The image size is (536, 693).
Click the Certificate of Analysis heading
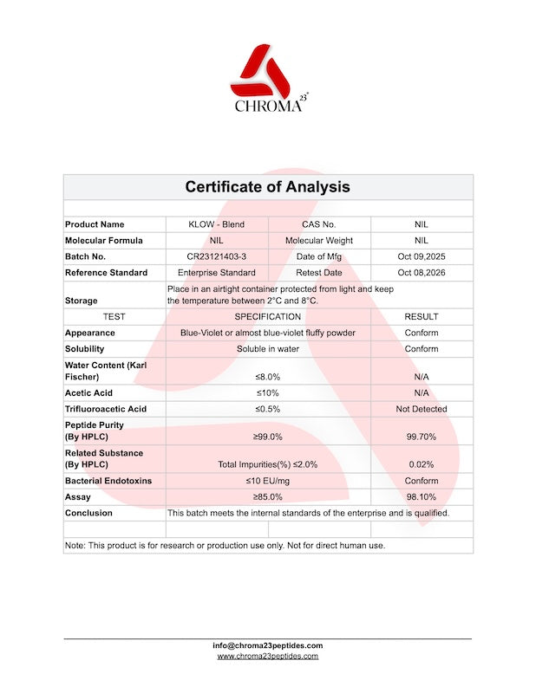coord(268,187)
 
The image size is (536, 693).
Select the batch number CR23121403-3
coord(217,256)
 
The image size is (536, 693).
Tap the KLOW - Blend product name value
coord(217,224)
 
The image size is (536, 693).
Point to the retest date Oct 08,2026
coord(422,273)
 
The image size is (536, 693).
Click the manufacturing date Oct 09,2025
coord(422,256)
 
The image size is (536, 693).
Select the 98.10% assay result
coord(422,497)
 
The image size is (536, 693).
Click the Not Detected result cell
coord(422,409)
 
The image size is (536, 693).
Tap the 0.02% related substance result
coord(422,464)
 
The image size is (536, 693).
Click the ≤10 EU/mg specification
coord(268,481)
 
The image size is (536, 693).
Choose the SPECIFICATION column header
coord(268,317)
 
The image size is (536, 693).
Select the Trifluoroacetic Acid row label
coord(106,409)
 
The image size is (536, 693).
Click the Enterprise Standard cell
coord(217,273)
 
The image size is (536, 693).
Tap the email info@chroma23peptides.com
coord(268,645)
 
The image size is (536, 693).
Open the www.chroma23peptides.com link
coord(268,657)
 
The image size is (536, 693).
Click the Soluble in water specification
coord(268,349)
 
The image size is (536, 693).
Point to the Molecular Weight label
coord(319,240)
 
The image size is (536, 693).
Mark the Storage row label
coord(82,301)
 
